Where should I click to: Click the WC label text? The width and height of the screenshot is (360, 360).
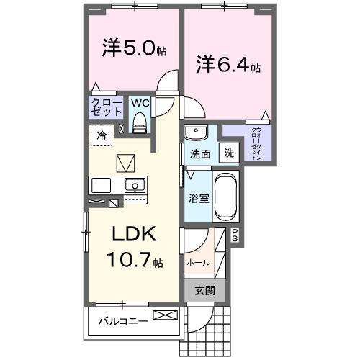140,103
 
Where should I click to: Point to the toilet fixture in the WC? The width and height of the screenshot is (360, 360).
140,122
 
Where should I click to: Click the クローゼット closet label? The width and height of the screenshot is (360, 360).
106,107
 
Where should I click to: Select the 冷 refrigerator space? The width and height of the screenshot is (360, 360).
102,135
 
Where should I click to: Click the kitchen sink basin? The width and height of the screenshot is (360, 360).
135,185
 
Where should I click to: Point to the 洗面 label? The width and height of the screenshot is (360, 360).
199,153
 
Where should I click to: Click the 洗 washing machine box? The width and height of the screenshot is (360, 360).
228,153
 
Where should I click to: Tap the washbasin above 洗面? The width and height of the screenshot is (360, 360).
195,133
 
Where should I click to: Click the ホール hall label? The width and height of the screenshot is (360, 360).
198,263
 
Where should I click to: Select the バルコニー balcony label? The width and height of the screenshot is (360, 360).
123,320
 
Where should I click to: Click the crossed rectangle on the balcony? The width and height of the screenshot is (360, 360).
164,315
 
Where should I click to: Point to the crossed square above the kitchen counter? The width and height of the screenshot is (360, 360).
125,161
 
